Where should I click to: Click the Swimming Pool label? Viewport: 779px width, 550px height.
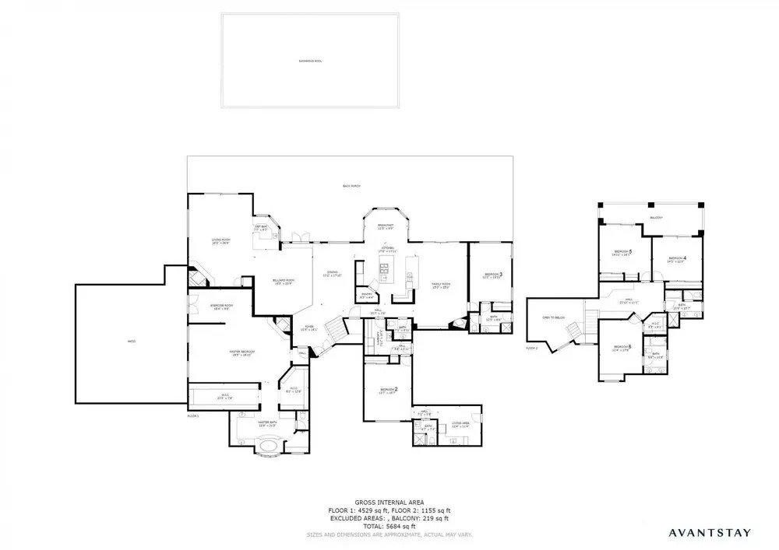(x=310, y=60)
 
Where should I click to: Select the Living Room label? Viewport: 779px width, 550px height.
(x=221, y=241)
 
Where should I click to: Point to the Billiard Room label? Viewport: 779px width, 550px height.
(x=283, y=282)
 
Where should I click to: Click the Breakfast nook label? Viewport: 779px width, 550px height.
(x=387, y=227)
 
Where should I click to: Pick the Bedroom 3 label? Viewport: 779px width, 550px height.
(x=492, y=275)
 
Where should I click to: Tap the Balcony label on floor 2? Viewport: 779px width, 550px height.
(x=657, y=218)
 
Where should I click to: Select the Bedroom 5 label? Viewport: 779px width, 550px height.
(x=622, y=253)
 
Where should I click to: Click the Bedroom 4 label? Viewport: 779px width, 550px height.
(x=676, y=259)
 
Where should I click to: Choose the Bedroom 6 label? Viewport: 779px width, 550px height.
(x=622, y=348)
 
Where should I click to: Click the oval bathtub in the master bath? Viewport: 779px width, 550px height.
(x=271, y=448)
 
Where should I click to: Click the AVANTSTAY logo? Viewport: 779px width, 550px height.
(x=709, y=533)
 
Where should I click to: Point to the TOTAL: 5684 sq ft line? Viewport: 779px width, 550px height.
(x=389, y=527)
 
